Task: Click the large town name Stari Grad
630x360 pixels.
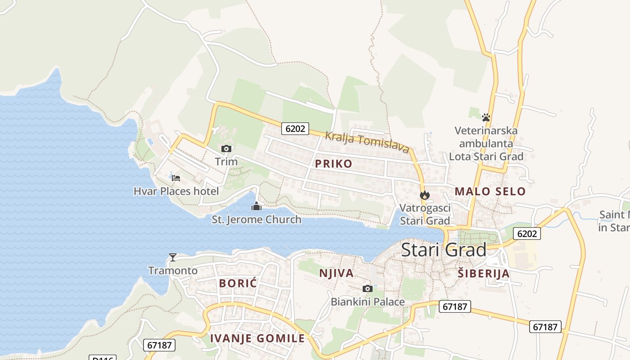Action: click(x=443, y=250)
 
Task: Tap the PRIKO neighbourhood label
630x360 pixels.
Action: click(x=333, y=163)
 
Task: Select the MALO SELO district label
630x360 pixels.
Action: click(x=490, y=191)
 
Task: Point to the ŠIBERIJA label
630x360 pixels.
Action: click(x=484, y=273)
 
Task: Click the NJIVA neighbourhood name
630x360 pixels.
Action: click(x=336, y=273)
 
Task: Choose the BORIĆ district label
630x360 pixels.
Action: click(x=238, y=283)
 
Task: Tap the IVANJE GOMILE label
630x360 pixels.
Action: click(x=257, y=338)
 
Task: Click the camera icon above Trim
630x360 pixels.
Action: click(x=226, y=148)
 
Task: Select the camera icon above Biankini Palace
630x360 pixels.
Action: click(x=368, y=288)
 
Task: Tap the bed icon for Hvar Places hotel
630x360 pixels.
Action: click(x=176, y=178)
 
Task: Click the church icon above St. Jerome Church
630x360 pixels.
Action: click(x=256, y=207)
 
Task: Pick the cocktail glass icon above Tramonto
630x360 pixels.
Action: click(x=172, y=257)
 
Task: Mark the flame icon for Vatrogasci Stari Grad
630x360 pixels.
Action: click(x=424, y=195)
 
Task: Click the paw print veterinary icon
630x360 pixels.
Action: click(x=486, y=117)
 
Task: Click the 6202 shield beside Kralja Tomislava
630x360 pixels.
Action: click(x=295, y=129)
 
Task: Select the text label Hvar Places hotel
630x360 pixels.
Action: click(x=176, y=191)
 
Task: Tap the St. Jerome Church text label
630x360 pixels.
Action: click(x=256, y=220)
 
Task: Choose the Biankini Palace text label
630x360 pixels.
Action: click(x=368, y=301)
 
